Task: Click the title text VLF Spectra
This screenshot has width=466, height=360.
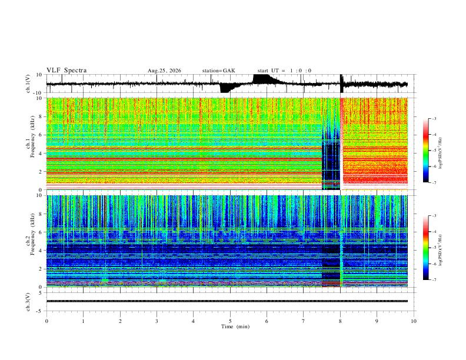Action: point(66,71)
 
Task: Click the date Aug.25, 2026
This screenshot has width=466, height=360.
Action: point(164,71)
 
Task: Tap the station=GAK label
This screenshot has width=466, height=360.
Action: point(218,71)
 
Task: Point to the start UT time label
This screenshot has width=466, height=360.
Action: point(284,71)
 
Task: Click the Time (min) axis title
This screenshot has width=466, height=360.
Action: point(235,326)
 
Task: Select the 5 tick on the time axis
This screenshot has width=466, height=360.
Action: point(230,321)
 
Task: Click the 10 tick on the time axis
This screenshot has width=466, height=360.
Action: point(414,321)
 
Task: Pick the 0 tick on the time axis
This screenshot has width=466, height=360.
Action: point(46,321)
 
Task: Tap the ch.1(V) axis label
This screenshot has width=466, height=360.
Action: point(28,84)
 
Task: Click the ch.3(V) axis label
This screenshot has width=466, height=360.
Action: point(28,302)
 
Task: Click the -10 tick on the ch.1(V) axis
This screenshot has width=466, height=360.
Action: point(39,93)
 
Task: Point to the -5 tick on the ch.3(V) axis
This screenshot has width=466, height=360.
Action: point(41,311)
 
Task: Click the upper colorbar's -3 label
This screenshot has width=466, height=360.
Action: point(434,118)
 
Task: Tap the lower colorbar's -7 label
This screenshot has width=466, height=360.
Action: point(434,280)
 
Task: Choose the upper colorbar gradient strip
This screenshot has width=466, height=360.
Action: point(425,151)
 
